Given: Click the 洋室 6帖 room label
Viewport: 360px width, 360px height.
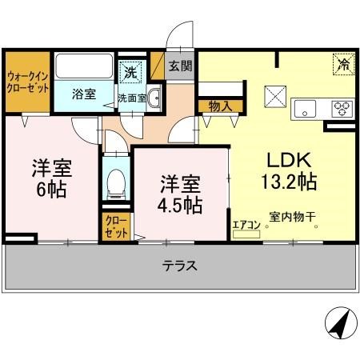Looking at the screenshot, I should click(x=49, y=179).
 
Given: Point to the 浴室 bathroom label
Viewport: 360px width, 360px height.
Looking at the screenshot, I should click(x=83, y=94).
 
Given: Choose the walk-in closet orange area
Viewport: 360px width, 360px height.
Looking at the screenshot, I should click(x=27, y=82).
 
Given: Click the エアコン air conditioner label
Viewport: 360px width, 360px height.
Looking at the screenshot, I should click(x=246, y=226).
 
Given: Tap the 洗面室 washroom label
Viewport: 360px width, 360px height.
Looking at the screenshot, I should click(x=131, y=98).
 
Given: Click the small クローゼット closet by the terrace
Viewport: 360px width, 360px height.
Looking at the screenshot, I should click(x=111, y=226).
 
